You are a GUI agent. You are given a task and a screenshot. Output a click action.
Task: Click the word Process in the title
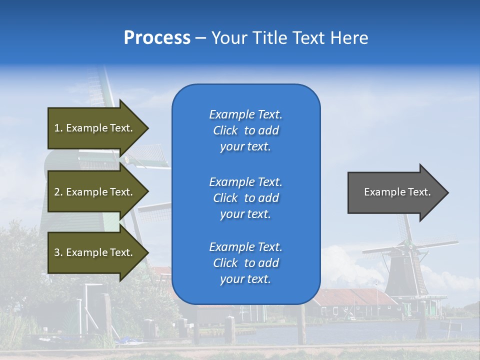tap(157, 38)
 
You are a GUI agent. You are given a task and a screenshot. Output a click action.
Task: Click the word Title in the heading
tap(269, 38)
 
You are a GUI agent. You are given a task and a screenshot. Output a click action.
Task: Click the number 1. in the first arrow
tap(58, 128)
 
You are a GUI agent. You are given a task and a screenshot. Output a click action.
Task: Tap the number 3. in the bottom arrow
tap(58, 252)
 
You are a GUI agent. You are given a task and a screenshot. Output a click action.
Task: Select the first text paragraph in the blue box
tap(245, 130)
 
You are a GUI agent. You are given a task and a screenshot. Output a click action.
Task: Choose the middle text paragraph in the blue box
tap(245, 198)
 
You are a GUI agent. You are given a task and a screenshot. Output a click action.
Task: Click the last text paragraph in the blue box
tap(245, 263)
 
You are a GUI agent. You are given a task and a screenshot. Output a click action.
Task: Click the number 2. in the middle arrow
tap(58, 192)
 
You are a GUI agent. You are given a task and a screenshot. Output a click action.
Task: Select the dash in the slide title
tap(200, 38)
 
